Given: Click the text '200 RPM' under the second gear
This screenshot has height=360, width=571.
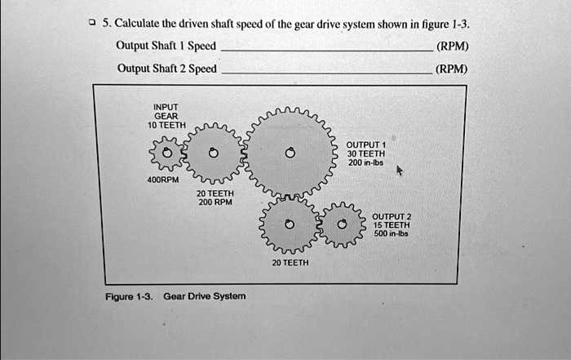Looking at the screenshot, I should (x=215, y=202).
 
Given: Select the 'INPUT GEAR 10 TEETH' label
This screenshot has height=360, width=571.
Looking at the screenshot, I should (x=166, y=115).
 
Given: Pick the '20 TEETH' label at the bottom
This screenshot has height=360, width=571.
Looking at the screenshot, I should (x=290, y=263).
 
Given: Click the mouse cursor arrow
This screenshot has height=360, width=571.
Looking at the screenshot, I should (x=399, y=172).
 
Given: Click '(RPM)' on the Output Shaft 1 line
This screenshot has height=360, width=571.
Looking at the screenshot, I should (x=451, y=46).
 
